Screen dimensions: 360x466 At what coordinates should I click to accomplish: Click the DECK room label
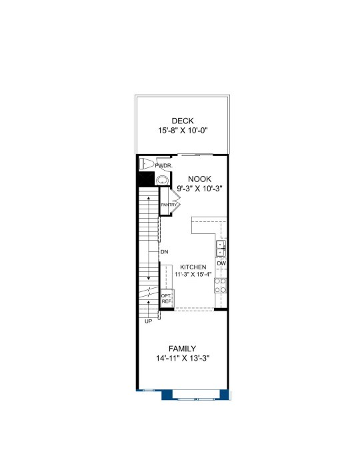183,121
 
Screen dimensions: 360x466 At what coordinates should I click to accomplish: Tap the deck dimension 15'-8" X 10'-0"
183,131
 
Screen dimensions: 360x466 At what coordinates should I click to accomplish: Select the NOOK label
200,179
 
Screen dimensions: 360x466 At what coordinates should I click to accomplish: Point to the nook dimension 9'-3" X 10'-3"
200,189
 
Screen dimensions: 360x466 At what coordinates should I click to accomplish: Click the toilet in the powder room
146,164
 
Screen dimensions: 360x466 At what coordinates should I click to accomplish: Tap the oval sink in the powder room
162,180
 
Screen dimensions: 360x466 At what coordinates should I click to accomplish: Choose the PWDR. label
164,166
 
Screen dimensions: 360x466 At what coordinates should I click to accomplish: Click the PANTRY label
169,205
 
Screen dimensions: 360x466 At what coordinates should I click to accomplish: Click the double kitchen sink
221,249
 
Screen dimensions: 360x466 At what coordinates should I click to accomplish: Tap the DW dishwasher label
221,263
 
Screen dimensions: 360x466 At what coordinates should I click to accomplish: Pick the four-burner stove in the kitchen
221,285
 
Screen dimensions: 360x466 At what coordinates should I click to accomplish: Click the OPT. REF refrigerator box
167,299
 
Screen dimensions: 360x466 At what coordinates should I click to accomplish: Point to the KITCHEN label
193,267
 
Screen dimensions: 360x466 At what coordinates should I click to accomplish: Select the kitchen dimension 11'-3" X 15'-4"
193,274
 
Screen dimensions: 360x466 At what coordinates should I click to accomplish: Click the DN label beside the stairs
165,252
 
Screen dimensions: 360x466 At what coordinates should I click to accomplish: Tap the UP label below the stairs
149,321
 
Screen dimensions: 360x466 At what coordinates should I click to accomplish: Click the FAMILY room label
183,349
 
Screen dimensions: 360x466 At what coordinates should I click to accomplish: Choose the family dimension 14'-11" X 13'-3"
183,359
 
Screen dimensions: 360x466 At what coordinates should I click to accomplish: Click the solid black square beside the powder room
145,179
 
